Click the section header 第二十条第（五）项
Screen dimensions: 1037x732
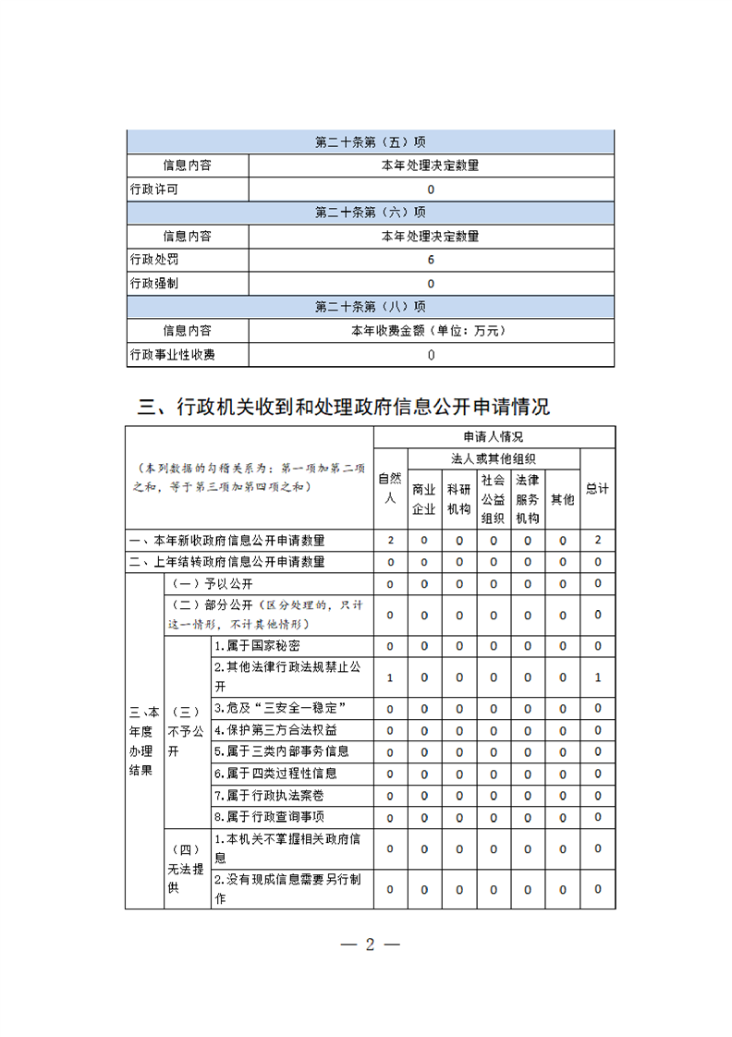pos(370,142)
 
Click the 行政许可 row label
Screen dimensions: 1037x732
pos(154,189)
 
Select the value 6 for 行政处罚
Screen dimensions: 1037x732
pos(431,260)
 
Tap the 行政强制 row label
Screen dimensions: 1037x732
pos(154,283)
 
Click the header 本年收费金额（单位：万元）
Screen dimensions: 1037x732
pos(430,330)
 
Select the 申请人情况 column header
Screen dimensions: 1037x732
pos(494,436)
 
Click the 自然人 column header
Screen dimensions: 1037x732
pos(390,488)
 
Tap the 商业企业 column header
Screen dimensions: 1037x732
pos(424,498)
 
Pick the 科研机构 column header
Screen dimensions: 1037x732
pos(458,498)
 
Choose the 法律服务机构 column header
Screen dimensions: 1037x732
pos(527,498)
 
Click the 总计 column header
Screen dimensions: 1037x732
pos(597,489)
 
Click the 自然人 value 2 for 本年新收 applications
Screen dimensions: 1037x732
pos(390,540)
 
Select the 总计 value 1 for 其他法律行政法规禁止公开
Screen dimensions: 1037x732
pos(597,677)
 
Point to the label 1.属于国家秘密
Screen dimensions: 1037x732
pos(257,645)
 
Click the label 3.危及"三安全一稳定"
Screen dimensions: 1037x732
pos(279,708)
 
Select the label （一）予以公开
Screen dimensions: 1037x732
pos(210,584)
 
